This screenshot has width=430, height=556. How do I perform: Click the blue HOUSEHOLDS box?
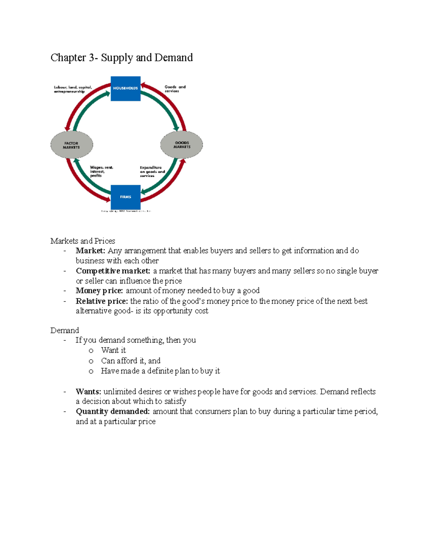(x=125, y=88)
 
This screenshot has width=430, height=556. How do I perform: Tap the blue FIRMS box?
(x=125, y=197)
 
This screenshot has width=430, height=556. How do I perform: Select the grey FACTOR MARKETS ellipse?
(x=72, y=145)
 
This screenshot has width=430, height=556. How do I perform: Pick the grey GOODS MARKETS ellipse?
(x=182, y=145)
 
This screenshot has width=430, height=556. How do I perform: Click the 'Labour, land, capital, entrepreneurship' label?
(x=73, y=89)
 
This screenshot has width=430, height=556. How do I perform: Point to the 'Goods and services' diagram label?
(x=175, y=89)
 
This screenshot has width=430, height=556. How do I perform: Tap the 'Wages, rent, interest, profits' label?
(x=101, y=171)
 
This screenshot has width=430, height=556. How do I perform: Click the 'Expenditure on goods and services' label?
(x=152, y=171)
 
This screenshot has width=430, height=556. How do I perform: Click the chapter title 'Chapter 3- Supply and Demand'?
(x=121, y=58)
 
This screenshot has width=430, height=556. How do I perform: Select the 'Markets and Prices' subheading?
(x=83, y=241)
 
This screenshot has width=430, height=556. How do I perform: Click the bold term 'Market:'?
(x=90, y=251)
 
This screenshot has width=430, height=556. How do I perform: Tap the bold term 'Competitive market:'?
(x=113, y=271)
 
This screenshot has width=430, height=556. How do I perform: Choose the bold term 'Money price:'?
(x=99, y=291)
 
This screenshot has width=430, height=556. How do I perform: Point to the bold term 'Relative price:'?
(x=102, y=301)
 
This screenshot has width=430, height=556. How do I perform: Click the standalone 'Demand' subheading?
(x=64, y=330)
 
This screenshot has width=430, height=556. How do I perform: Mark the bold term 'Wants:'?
(x=88, y=392)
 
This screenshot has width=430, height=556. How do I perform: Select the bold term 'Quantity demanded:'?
(x=113, y=411)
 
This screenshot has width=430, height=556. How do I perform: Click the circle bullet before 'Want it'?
(x=91, y=351)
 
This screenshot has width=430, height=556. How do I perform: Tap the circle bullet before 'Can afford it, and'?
(x=91, y=361)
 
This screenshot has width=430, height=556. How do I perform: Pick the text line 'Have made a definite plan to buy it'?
(x=160, y=371)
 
